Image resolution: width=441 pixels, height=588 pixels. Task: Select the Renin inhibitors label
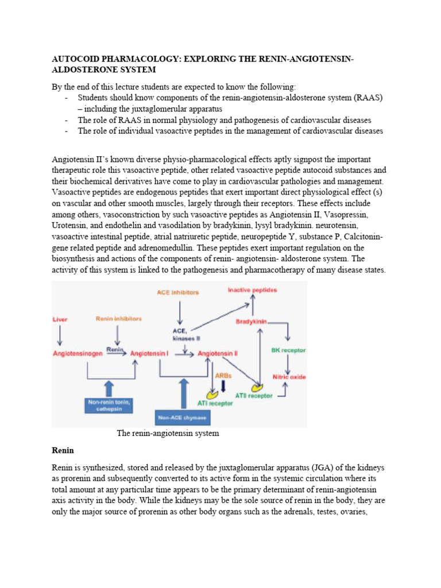click(118, 318)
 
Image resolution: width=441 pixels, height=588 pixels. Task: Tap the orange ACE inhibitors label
click(177, 292)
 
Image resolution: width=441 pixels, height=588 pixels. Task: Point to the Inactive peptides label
click(252, 290)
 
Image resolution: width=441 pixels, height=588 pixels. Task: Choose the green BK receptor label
click(289, 350)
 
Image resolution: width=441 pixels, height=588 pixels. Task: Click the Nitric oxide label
click(290, 377)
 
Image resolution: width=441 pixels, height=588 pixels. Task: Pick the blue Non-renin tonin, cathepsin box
click(109, 405)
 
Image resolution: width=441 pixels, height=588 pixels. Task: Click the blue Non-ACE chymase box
click(183, 417)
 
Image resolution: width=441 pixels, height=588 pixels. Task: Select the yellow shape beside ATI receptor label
click(212, 394)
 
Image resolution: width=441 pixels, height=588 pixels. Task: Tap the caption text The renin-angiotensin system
click(168, 433)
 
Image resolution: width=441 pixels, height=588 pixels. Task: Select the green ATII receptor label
click(252, 395)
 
